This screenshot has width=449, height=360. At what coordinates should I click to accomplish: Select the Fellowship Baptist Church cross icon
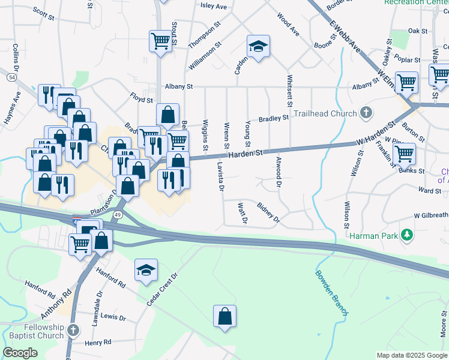[x=73, y=330]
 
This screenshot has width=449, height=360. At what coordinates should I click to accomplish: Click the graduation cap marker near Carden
[x=258, y=46]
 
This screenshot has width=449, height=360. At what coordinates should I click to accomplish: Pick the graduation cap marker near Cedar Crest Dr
[x=146, y=270]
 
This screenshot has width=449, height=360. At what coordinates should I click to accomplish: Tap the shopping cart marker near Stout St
[x=161, y=41]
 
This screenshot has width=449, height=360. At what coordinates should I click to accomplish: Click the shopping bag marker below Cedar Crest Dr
[x=224, y=316]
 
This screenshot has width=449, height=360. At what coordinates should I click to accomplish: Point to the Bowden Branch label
[x=332, y=293]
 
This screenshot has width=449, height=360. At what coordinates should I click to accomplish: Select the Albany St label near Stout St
[x=178, y=87]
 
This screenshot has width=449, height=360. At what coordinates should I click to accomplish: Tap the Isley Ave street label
[x=214, y=7]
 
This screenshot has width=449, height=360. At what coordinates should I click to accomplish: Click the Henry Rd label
[x=98, y=342]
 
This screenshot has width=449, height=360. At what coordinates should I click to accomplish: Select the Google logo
[x=20, y=353]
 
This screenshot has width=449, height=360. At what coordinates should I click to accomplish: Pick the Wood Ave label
[x=288, y=23]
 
